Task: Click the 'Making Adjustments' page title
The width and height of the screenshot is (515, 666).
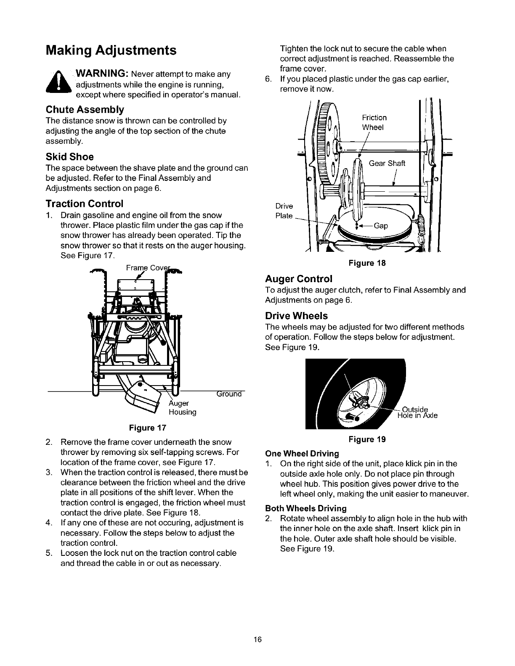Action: [x=111, y=51]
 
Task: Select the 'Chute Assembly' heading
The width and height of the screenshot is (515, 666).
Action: [x=85, y=110]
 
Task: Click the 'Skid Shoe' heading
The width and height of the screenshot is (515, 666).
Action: [x=69, y=157]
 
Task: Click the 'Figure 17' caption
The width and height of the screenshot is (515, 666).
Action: [x=148, y=428]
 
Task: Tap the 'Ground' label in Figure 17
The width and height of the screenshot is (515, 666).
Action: [x=230, y=394]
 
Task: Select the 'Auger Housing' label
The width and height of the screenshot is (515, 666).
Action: [x=182, y=408]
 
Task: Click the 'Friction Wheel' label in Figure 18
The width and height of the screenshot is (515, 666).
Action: [x=374, y=122]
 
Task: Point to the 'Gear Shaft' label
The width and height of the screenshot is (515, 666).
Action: [x=387, y=164]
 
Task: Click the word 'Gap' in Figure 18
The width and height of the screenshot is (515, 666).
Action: [x=380, y=226]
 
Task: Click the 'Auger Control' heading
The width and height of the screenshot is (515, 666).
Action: [x=299, y=279]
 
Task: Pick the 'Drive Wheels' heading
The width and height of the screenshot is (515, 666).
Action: [x=296, y=316]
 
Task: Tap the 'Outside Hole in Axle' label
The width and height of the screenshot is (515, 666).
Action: [x=417, y=412]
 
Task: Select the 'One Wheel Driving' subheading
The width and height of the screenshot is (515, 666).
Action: [x=302, y=454]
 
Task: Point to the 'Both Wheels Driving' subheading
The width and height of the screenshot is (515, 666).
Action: [x=305, y=508]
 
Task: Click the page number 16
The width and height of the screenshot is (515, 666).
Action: [x=257, y=640]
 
